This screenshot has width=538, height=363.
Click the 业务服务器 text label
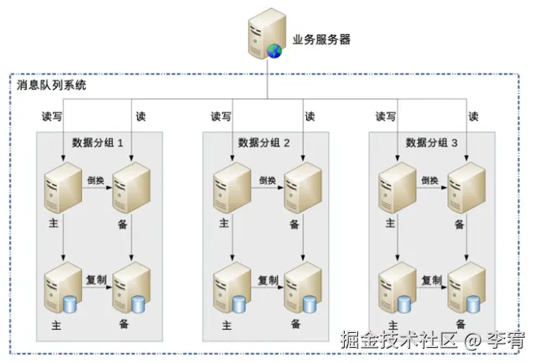[321, 40]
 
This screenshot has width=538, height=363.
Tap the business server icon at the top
[266, 33]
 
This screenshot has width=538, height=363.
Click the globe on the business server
[275, 51]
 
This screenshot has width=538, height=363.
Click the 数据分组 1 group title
[98, 143]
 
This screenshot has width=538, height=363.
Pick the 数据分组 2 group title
[265, 143]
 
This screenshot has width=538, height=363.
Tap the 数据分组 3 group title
[432, 143]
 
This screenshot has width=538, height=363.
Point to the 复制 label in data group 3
[431, 280]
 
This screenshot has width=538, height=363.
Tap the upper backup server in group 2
[302, 187]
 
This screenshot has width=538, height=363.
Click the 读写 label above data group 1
[51, 116]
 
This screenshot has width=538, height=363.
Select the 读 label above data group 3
[473, 116]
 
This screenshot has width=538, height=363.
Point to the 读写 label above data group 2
[221, 116]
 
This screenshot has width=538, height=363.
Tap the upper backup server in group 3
[466, 187]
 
